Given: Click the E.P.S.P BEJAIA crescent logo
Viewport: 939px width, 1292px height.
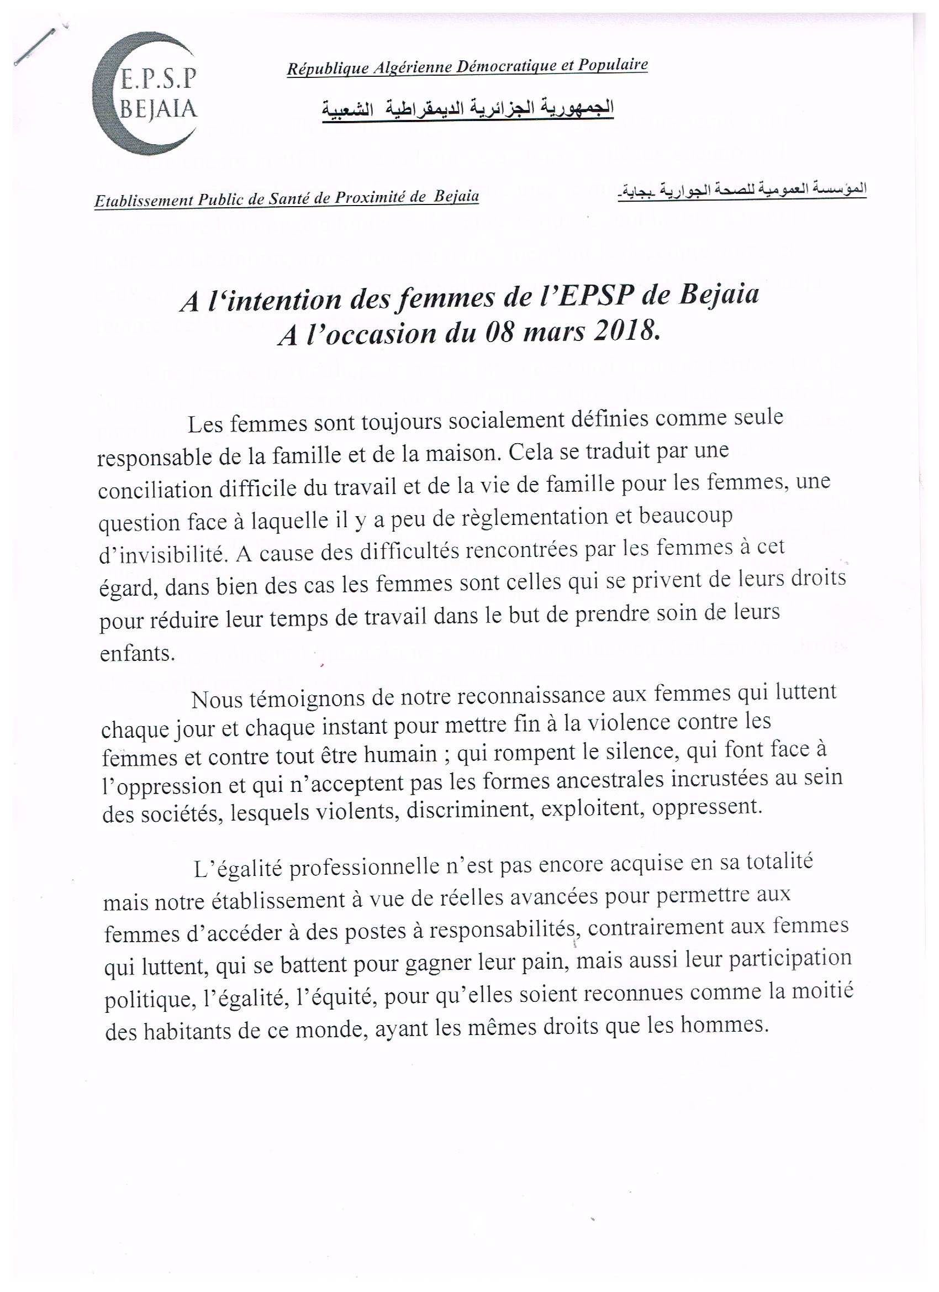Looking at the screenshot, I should pyautogui.click(x=145, y=97).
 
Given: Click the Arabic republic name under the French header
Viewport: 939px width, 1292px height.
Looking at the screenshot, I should pyautogui.click(x=468, y=108).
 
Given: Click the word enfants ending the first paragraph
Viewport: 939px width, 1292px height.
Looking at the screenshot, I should pyautogui.click(x=137, y=653).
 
